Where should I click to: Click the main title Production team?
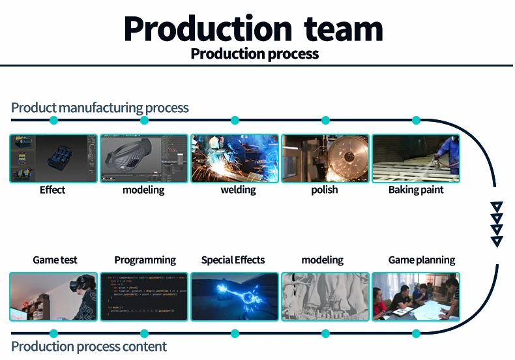click(x=254, y=29)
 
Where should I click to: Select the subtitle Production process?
click(x=255, y=53)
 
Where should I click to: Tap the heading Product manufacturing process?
click(x=100, y=108)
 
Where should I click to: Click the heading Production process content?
click(x=89, y=346)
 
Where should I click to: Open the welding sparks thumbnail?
click(x=235, y=158)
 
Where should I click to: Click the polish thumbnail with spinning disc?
click(x=325, y=158)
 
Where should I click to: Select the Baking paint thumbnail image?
click(x=415, y=158)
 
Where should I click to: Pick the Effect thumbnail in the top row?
click(x=53, y=158)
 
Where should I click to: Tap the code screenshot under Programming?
click(x=144, y=297)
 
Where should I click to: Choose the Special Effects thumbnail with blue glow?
click(x=235, y=297)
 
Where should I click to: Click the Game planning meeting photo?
click(x=415, y=297)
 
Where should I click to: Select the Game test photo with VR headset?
click(x=53, y=297)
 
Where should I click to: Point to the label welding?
click(x=238, y=190)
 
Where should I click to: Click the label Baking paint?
click(x=416, y=190)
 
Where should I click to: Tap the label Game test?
click(x=55, y=260)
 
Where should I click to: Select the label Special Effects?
click(x=233, y=260)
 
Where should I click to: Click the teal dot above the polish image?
click(x=325, y=120)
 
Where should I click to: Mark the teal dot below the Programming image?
click(x=144, y=333)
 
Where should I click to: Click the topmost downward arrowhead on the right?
click(x=497, y=207)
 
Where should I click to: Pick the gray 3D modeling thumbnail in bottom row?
click(x=325, y=297)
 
